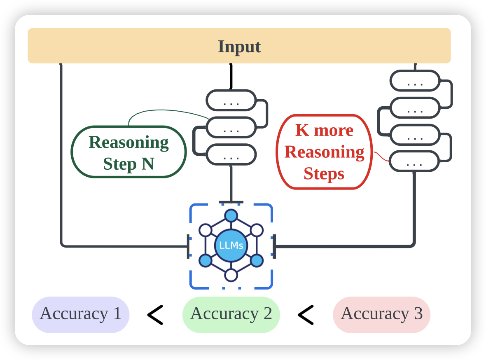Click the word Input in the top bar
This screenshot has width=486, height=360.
(x=239, y=47)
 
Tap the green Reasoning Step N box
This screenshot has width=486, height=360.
(x=129, y=152)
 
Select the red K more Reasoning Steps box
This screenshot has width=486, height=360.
(x=324, y=152)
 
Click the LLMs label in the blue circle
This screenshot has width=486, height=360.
(x=231, y=246)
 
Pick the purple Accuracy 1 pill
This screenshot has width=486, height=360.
(x=81, y=314)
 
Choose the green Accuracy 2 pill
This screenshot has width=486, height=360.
(x=231, y=314)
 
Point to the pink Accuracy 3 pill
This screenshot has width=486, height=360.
(x=381, y=314)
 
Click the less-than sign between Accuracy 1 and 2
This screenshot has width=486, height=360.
(x=155, y=315)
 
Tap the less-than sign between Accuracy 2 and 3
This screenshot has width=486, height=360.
(x=306, y=315)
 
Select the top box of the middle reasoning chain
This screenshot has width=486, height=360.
(x=231, y=100)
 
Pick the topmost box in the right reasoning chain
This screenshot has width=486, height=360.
(x=415, y=81)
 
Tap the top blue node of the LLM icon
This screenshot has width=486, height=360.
(x=231, y=215)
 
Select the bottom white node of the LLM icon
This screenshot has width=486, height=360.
(x=231, y=275)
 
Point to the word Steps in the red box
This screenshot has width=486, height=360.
(x=324, y=174)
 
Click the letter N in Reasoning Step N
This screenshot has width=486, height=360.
(x=148, y=164)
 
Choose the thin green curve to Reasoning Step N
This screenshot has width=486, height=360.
(x=165, y=111)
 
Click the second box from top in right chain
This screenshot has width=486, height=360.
(x=415, y=108)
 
